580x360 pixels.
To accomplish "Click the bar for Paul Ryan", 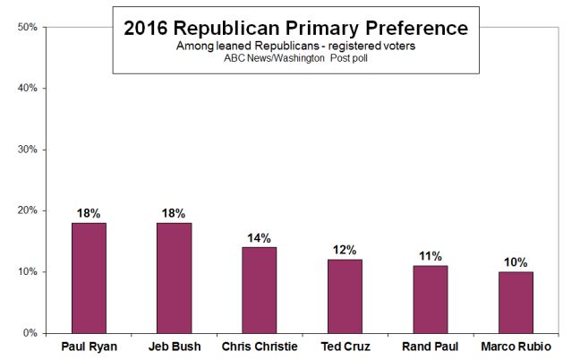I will pyautogui.click(x=89, y=278).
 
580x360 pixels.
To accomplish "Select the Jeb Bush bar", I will pyautogui.click(x=174, y=278).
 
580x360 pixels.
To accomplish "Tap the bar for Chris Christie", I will pyautogui.click(x=260, y=289).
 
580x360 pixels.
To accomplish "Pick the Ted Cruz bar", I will pyautogui.click(x=345, y=296).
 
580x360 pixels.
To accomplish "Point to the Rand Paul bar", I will pyautogui.click(x=430, y=299).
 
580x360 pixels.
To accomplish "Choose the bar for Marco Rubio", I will pyautogui.click(x=516, y=302).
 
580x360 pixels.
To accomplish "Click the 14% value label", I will pyautogui.click(x=260, y=238).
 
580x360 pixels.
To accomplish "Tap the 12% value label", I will pyautogui.click(x=345, y=250).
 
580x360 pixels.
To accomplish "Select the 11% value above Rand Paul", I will pyautogui.click(x=430, y=256).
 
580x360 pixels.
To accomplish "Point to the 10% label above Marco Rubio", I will pyautogui.click(x=516, y=262).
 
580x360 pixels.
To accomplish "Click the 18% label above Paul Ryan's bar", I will pyautogui.click(x=89, y=213).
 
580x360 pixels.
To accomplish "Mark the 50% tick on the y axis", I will pyautogui.click(x=27, y=27).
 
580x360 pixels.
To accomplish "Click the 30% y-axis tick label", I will pyautogui.click(x=27, y=150).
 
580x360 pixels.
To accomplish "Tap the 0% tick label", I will pyautogui.click(x=30, y=333).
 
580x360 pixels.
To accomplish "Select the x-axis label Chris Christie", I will pyautogui.click(x=260, y=347).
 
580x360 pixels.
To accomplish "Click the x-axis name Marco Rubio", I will pyautogui.click(x=516, y=347).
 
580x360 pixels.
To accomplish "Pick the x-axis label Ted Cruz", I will pyautogui.click(x=345, y=347).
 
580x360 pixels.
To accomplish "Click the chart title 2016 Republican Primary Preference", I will pyautogui.click(x=295, y=28).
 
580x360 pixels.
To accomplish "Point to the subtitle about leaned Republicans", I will pyautogui.click(x=295, y=46).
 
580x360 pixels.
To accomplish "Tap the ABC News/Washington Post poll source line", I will pyautogui.click(x=295, y=59).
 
